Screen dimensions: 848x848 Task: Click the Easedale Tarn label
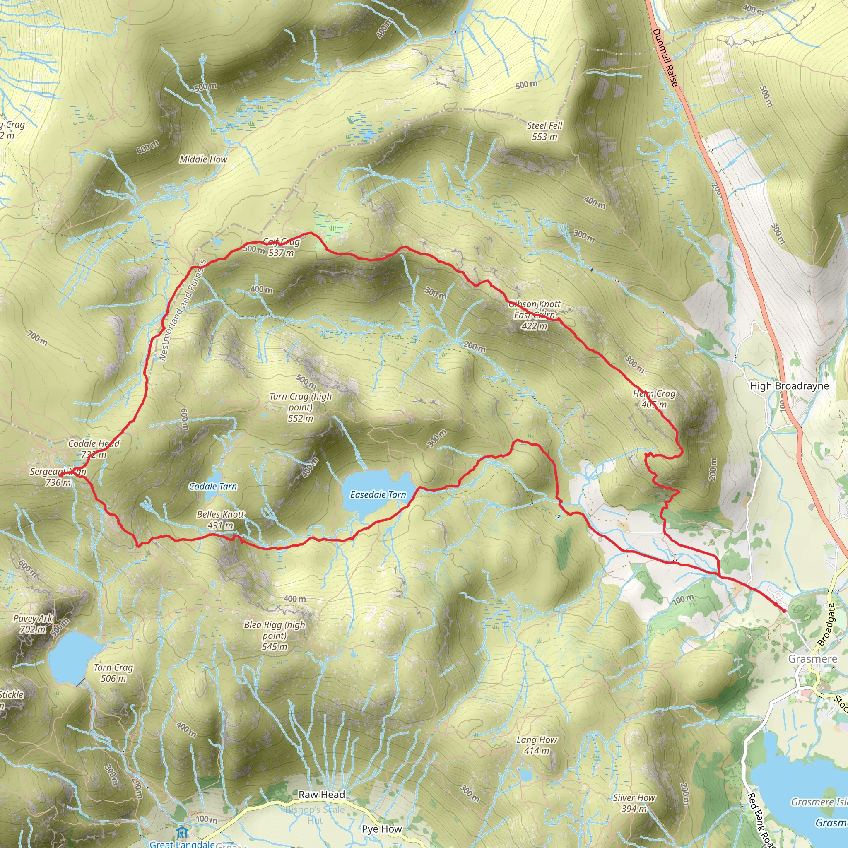click(x=378, y=495)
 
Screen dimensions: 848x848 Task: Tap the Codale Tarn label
click(x=213, y=487)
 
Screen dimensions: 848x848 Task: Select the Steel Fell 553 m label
click(x=545, y=131)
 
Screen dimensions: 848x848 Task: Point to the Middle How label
click(x=203, y=159)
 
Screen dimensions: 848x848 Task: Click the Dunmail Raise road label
click(x=665, y=57)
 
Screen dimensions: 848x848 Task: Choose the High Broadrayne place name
click(x=790, y=386)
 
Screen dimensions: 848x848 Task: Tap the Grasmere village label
click(x=813, y=659)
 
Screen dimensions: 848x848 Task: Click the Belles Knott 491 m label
click(x=221, y=520)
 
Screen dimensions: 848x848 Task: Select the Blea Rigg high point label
click(x=275, y=636)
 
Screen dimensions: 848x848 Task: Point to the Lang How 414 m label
click(x=537, y=745)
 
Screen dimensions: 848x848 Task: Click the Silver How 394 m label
click(x=634, y=803)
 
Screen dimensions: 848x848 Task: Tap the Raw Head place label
click(x=322, y=795)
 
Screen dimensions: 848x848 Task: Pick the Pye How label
click(x=382, y=829)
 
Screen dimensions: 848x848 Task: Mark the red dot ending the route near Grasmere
click(x=784, y=610)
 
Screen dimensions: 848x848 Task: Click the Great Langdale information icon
click(x=182, y=832)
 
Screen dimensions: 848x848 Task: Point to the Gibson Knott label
click(x=535, y=304)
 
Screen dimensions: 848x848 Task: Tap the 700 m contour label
click(x=37, y=338)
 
